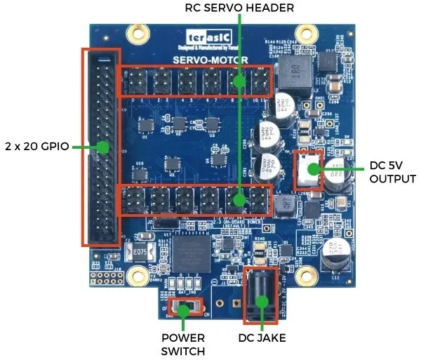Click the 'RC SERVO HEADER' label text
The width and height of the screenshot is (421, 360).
pyautogui.click(x=239, y=8)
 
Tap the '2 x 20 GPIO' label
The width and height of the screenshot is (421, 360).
pyautogui.click(x=36, y=147)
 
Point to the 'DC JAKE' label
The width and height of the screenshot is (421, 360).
pyautogui.click(x=262, y=338)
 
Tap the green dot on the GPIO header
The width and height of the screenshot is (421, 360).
pyautogui.click(x=102, y=147)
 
